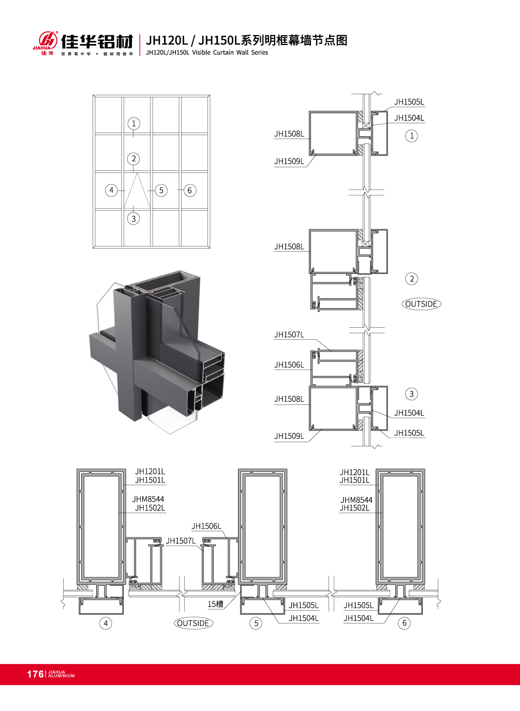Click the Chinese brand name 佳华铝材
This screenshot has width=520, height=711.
pyautogui.click(x=97, y=41)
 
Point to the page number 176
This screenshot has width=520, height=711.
pyautogui.click(x=35, y=674)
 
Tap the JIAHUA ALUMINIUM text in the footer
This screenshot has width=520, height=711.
pyautogui.click(x=61, y=674)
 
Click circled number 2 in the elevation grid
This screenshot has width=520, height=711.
pyautogui.click(x=133, y=158)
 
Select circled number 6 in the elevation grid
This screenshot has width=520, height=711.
pyautogui.click(x=189, y=191)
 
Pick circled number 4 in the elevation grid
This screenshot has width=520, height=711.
pyautogui.click(x=111, y=190)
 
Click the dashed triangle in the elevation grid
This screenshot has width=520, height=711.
pyautogui.click(x=137, y=193)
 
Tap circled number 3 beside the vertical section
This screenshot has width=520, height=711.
pyautogui.click(x=411, y=394)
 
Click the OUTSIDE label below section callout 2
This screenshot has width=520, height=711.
pyautogui.click(x=421, y=304)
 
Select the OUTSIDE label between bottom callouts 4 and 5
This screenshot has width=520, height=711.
pyautogui.click(x=193, y=623)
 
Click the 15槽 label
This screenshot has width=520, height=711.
pyautogui.click(x=215, y=604)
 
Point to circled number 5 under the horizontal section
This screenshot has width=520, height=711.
pyautogui.click(x=256, y=623)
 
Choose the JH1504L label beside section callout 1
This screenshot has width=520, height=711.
pyautogui.click(x=409, y=118)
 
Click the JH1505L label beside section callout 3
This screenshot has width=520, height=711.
pyautogui.click(x=409, y=433)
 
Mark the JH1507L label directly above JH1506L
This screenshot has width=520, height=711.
pyautogui.click(x=289, y=335)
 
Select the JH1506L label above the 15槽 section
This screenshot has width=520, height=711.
pyautogui.click(x=206, y=526)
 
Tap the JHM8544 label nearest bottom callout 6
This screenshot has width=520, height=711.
pyautogui.click(x=356, y=500)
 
